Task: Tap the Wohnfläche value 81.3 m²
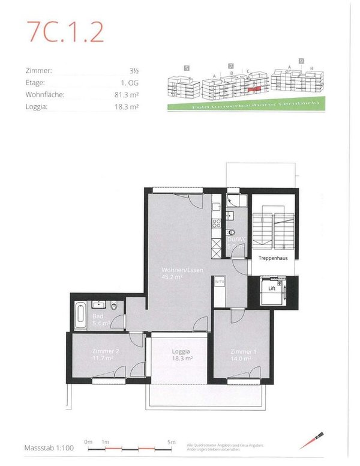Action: pyautogui.click(x=125, y=95)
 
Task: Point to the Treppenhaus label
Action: pyautogui.click(x=273, y=258)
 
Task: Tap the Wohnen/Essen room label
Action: pyautogui.click(x=178, y=274)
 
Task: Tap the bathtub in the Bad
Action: pyautogui.click(x=80, y=315)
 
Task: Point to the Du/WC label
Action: pyautogui.click(x=236, y=242)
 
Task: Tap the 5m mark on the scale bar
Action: pyautogui.click(x=171, y=442)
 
